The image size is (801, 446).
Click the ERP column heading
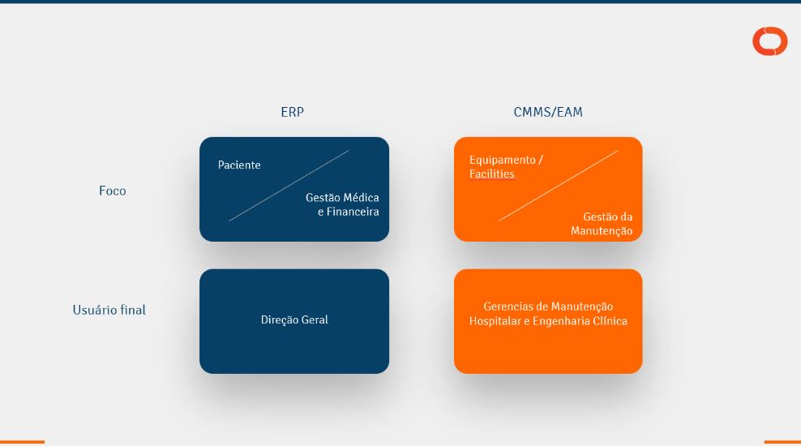pos(292,113)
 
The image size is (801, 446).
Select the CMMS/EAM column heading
pos(548,113)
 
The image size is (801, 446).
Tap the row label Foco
pos(113,191)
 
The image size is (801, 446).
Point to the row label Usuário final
pos(109,311)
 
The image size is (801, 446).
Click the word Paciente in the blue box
pos(239,165)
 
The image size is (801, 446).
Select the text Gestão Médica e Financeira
pos(342,204)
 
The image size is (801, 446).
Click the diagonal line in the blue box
pos(289,186)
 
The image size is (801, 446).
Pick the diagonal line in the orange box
pos(558,186)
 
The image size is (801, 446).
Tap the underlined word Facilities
pos(491,174)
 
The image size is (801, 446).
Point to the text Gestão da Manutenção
pos(602,224)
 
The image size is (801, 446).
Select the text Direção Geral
pos(294,320)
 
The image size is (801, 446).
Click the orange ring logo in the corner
pos(769,41)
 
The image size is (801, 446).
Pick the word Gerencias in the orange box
pos(508,307)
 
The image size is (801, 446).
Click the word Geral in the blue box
pos(315,320)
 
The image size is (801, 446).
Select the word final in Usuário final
pos(133,311)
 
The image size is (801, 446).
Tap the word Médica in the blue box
pos(361,198)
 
